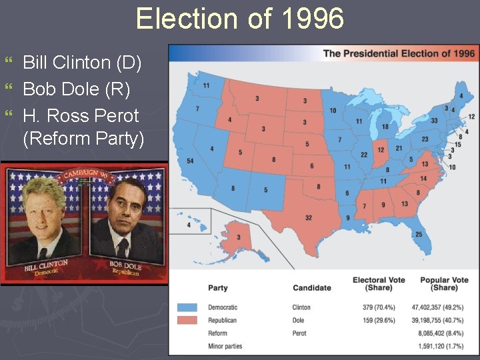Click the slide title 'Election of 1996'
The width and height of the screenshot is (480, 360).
coord(240,19)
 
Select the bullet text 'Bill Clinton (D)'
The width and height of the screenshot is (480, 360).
coord(82,63)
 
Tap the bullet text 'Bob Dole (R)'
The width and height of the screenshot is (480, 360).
coord(76,89)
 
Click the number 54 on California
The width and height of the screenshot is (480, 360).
coord(190,161)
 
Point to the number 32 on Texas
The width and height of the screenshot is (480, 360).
coord(309,218)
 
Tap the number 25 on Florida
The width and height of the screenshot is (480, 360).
coord(419,235)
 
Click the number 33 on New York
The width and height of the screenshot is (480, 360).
coord(434,121)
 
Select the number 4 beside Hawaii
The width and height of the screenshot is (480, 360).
coord(189,225)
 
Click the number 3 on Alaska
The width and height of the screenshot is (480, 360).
coord(239,238)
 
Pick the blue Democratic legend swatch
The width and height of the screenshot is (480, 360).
coord(188,308)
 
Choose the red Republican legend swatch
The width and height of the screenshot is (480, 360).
coord(188,321)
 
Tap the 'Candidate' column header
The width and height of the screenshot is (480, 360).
coord(311,288)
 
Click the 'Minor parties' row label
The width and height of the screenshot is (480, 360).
coord(225,346)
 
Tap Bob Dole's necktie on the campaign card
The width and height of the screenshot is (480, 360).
coord(123,249)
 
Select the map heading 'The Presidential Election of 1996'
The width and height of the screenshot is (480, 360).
coord(399,53)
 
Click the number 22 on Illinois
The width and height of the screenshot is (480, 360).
coord(364,155)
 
